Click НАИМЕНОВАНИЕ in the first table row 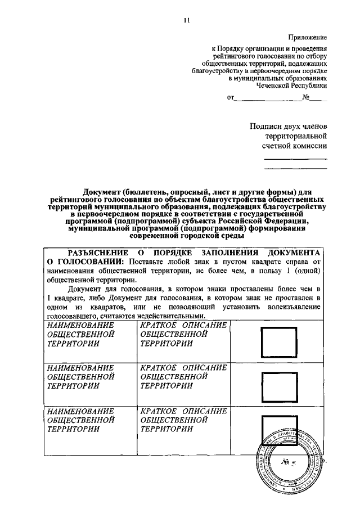(x=81, y=325)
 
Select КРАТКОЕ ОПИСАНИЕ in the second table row (x=183, y=367)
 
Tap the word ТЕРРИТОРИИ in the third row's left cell (x=74, y=429)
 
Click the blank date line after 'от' (x=267, y=98)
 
